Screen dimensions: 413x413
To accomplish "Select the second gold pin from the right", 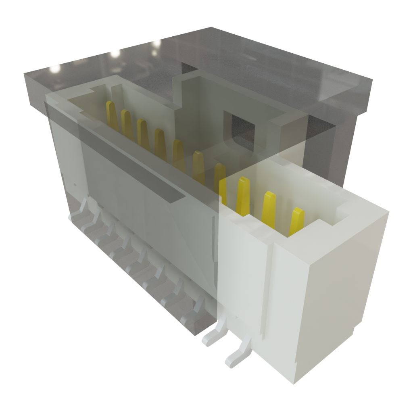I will coord(269,208).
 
